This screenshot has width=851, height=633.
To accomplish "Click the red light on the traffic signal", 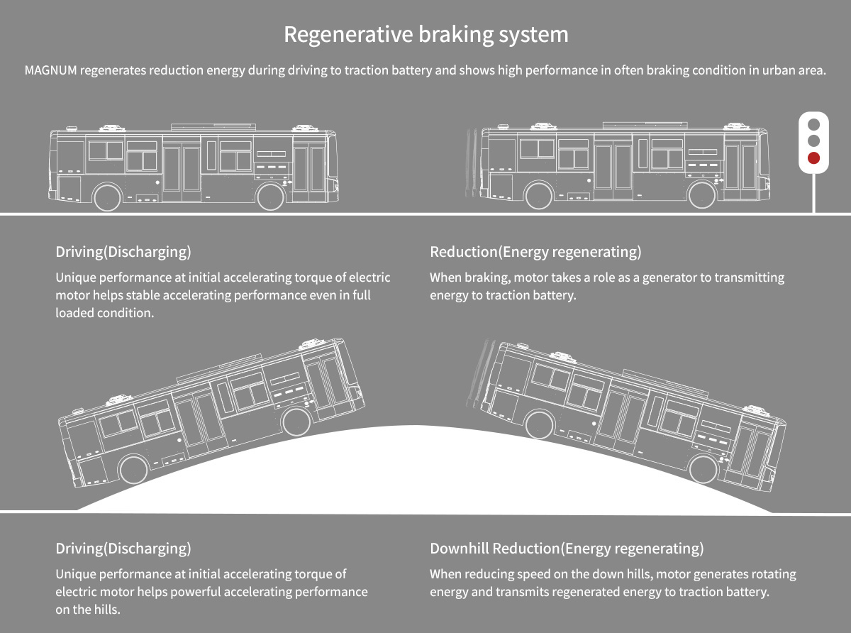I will pyautogui.click(x=813, y=158).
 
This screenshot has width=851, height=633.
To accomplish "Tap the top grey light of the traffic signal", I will pyautogui.click(x=813, y=123).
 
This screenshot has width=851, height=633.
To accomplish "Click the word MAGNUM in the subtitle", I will pyautogui.click(x=51, y=71).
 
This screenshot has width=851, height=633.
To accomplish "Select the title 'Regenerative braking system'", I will pyautogui.click(x=425, y=34).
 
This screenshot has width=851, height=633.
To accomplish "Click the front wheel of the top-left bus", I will pyautogui.click(x=270, y=197).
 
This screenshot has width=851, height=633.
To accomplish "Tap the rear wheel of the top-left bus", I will pyautogui.click(x=108, y=197).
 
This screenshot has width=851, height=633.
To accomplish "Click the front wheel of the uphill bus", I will pyautogui.click(x=296, y=422).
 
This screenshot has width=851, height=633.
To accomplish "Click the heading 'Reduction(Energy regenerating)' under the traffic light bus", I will pyautogui.click(x=535, y=252).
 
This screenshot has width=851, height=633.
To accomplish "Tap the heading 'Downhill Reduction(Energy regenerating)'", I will pyautogui.click(x=567, y=549).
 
